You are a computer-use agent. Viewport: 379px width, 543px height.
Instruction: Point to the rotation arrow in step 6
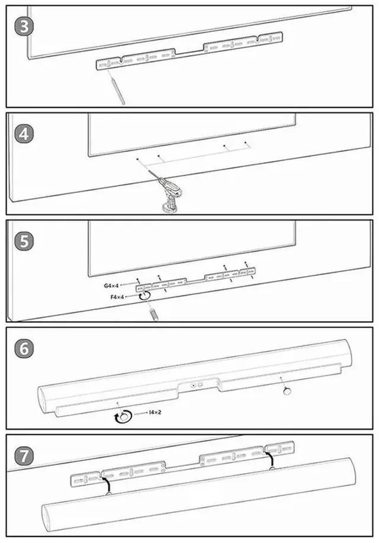pyautogui.click(x=122, y=418)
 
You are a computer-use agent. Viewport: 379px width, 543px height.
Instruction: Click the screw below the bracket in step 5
pyautogui.click(x=153, y=311)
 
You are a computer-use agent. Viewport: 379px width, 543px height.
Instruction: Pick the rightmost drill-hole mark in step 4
pyautogui.click(x=246, y=143)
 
